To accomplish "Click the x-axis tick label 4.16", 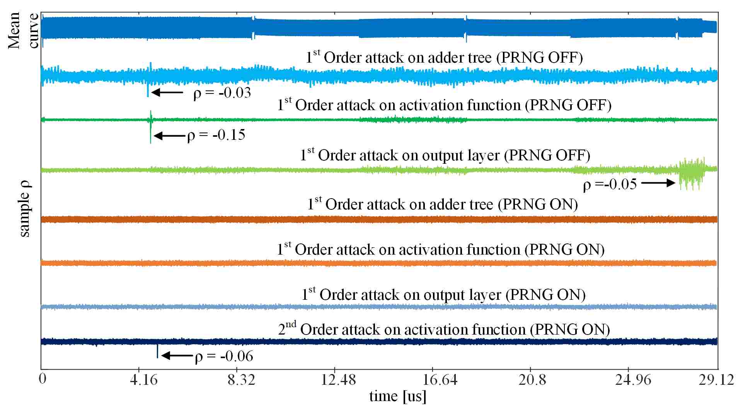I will click(144, 380).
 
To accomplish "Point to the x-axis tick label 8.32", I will click(241, 380).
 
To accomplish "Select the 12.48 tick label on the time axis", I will click(339, 380).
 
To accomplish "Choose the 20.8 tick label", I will click(532, 380).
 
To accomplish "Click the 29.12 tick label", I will click(716, 380).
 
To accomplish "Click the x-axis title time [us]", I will click(398, 396).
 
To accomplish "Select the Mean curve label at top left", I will click(24, 30).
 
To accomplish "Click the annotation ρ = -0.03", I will click(222, 93).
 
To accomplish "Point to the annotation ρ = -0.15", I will click(216, 135).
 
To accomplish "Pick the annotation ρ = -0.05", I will click(610, 185).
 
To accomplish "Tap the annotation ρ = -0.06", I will click(224, 356).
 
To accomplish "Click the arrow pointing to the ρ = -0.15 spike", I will click(170, 136).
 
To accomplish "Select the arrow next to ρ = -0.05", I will click(658, 183).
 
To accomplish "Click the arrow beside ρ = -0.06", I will click(177, 355).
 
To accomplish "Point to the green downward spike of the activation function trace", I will click(151, 133).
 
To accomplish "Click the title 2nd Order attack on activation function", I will click(444, 330).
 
